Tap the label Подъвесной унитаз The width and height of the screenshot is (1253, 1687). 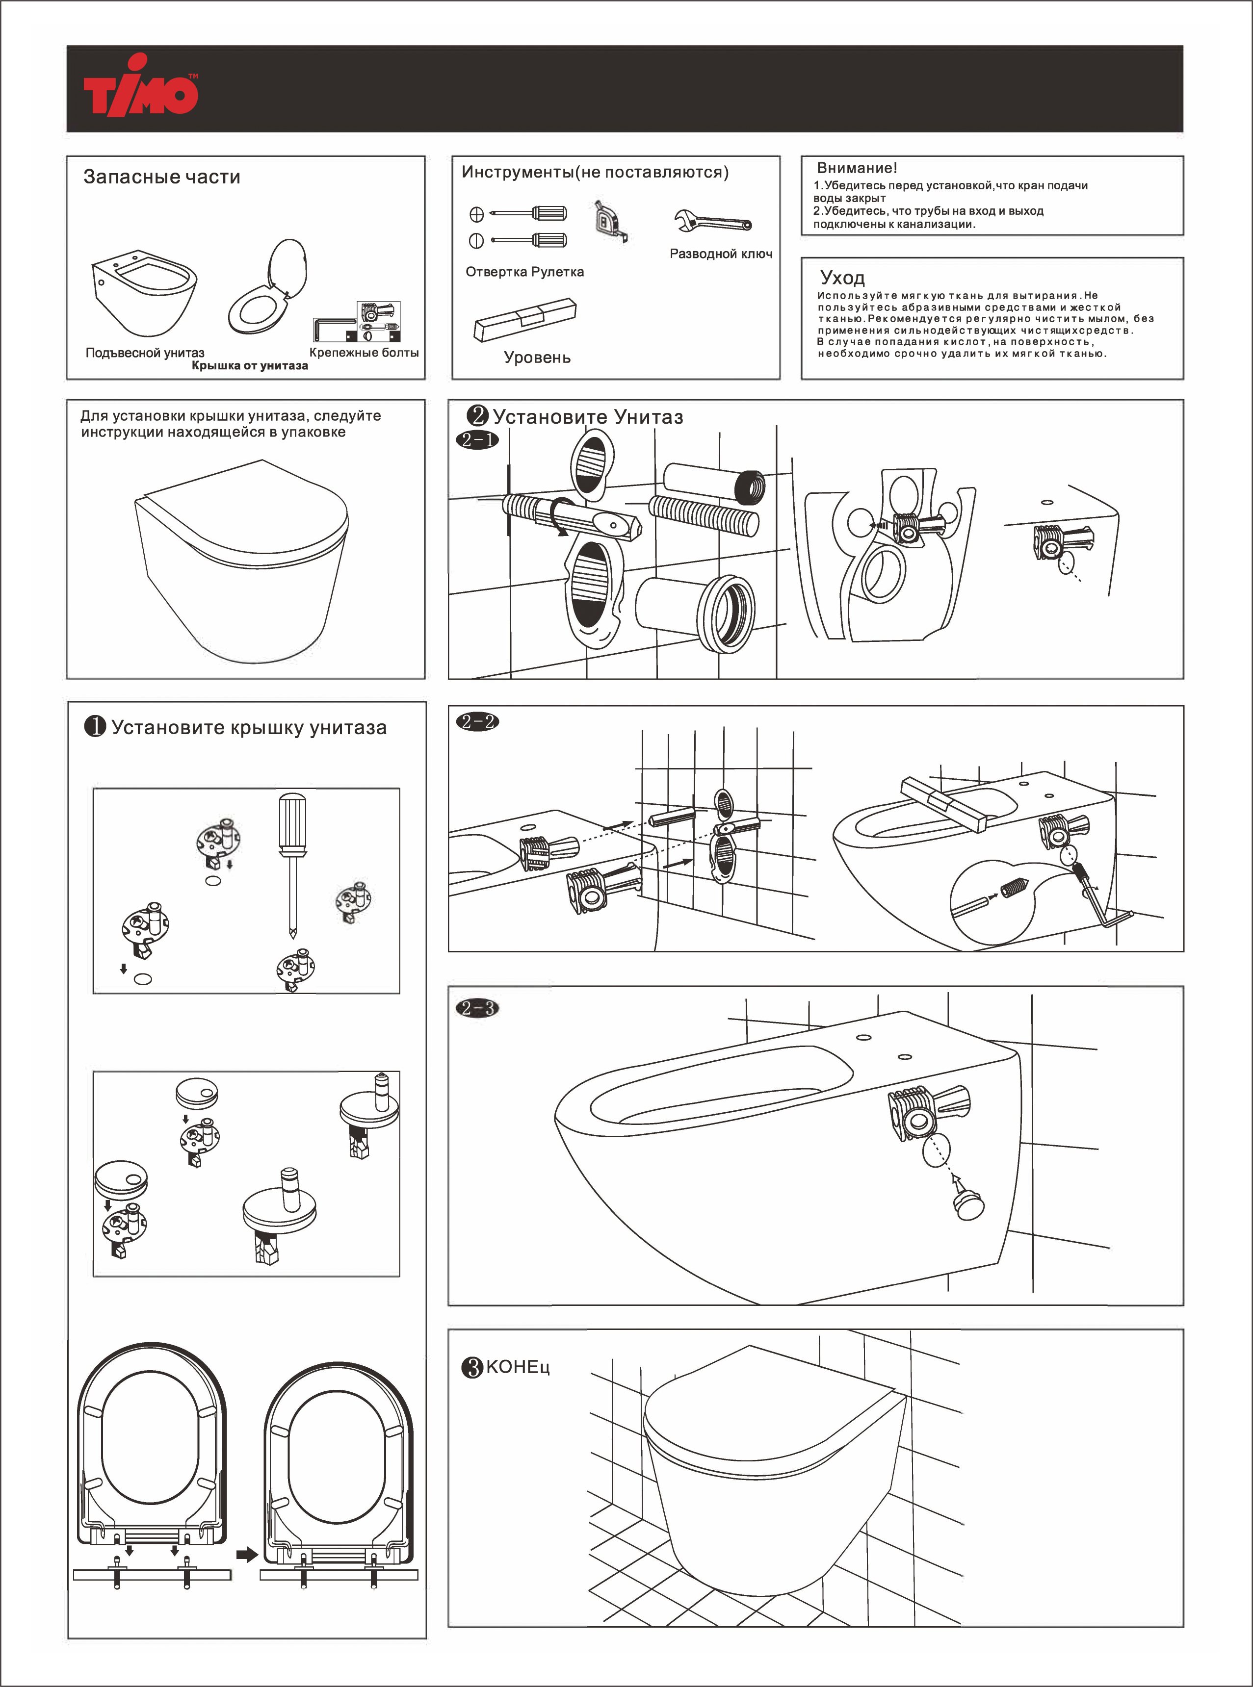[x=145, y=353]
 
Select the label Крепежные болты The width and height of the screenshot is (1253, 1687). [x=364, y=353]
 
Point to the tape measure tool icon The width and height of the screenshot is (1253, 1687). [x=611, y=221]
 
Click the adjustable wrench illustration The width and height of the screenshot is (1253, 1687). [x=712, y=221]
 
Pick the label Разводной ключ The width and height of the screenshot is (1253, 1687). [x=721, y=254]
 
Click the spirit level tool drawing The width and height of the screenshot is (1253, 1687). [x=525, y=318]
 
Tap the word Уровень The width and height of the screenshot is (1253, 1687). [x=537, y=358]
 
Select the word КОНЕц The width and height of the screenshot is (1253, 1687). [x=517, y=1367]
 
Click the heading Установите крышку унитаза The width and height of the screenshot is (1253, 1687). [x=249, y=728]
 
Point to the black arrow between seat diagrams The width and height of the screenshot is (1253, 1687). [x=246, y=1554]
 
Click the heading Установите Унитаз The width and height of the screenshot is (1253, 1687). [x=588, y=417]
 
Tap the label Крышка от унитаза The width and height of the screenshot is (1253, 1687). [x=250, y=365]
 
